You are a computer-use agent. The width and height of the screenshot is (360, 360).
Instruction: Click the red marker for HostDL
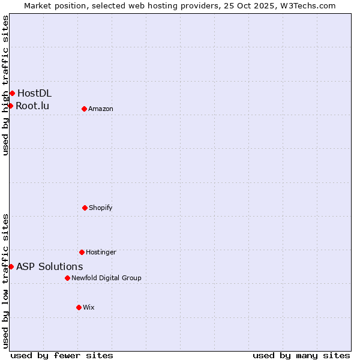[12, 93]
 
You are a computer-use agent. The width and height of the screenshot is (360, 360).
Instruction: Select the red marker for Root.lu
[10, 106]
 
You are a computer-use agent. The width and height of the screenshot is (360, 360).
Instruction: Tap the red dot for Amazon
[84, 109]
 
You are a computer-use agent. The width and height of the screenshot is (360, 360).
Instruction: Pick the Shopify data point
[85, 208]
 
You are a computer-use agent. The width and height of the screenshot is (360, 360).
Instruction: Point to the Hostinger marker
[82, 252]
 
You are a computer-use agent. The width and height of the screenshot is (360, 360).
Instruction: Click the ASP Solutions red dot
[11, 266]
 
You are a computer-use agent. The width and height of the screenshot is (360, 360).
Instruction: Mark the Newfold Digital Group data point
[67, 278]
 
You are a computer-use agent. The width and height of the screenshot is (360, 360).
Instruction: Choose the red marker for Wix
[79, 307]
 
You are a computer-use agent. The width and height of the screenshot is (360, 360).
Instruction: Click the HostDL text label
[34, 93]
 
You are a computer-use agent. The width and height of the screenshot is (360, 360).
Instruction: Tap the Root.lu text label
[32, 106]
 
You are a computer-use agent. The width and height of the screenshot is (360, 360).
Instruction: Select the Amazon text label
[101, 109]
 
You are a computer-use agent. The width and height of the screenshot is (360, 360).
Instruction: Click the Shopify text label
[101, 208]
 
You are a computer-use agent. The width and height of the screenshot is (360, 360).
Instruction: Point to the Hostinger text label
[101, 252]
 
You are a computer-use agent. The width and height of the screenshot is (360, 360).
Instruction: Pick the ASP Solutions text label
[50, 266]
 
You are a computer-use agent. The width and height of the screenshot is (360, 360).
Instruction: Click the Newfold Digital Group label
[106, 278]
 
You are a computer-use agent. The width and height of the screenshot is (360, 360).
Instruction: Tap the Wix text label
[89, 307]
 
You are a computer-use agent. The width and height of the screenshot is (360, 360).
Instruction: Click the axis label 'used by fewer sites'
[62, 355]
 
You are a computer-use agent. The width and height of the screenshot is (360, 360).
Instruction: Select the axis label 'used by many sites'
[301, 355]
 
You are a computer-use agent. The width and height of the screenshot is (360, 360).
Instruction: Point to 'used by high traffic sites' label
[5, 85]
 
